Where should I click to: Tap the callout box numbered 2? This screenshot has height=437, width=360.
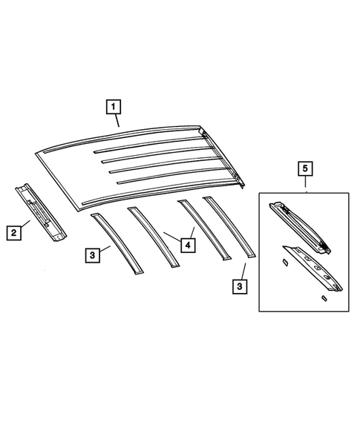pyautogui.click(x=14, y=233)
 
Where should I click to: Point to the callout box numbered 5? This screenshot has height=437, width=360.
pyautogui.click(x=305, y=170)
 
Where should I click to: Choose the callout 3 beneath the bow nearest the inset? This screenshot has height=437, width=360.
pyautogui.click(x=240, y=285)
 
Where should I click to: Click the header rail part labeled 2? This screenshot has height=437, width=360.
pyautogui.click(x=40, y=211)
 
